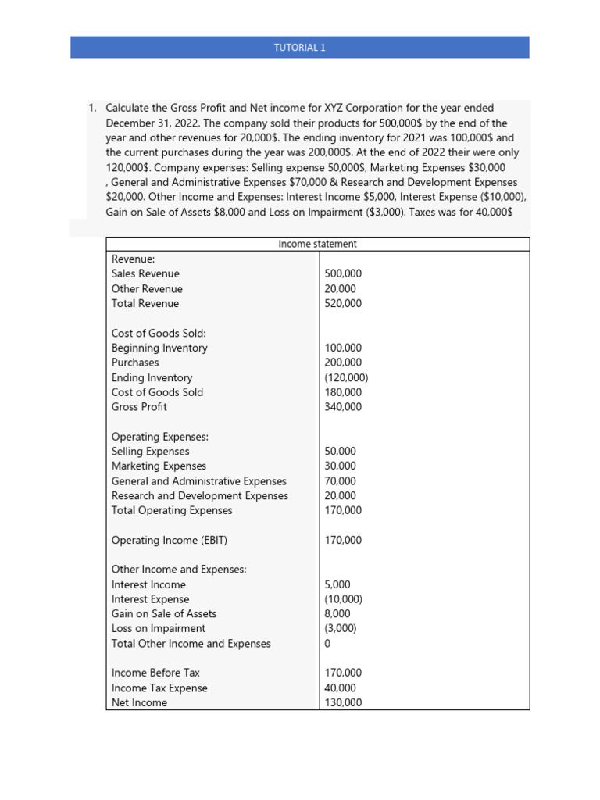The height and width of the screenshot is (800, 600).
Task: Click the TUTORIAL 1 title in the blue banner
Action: point(299,47)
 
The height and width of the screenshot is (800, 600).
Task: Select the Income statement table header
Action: point(317,244)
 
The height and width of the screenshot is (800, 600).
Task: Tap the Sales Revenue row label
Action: point(145,273)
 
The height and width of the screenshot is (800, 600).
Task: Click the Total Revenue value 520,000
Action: point(343,303)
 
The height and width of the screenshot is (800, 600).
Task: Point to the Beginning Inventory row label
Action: point(159,348)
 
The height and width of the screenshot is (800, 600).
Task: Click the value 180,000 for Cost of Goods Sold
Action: point(343,392)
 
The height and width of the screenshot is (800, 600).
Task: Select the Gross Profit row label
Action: point(139,407)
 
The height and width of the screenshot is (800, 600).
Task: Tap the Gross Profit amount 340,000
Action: point(343,407)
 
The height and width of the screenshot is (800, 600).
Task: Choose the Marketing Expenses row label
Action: point(159,466)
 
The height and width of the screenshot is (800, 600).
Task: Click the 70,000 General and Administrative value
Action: point(340,481)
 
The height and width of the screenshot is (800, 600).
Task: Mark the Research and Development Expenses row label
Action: point(199,496)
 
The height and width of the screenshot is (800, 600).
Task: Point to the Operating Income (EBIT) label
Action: point(170,540)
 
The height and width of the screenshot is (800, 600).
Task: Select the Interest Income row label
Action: point(148,584)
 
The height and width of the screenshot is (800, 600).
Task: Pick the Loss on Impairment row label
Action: point(159,628)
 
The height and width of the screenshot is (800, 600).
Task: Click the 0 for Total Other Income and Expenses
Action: point(327,644)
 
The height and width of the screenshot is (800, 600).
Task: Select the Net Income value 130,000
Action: point(343,702)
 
